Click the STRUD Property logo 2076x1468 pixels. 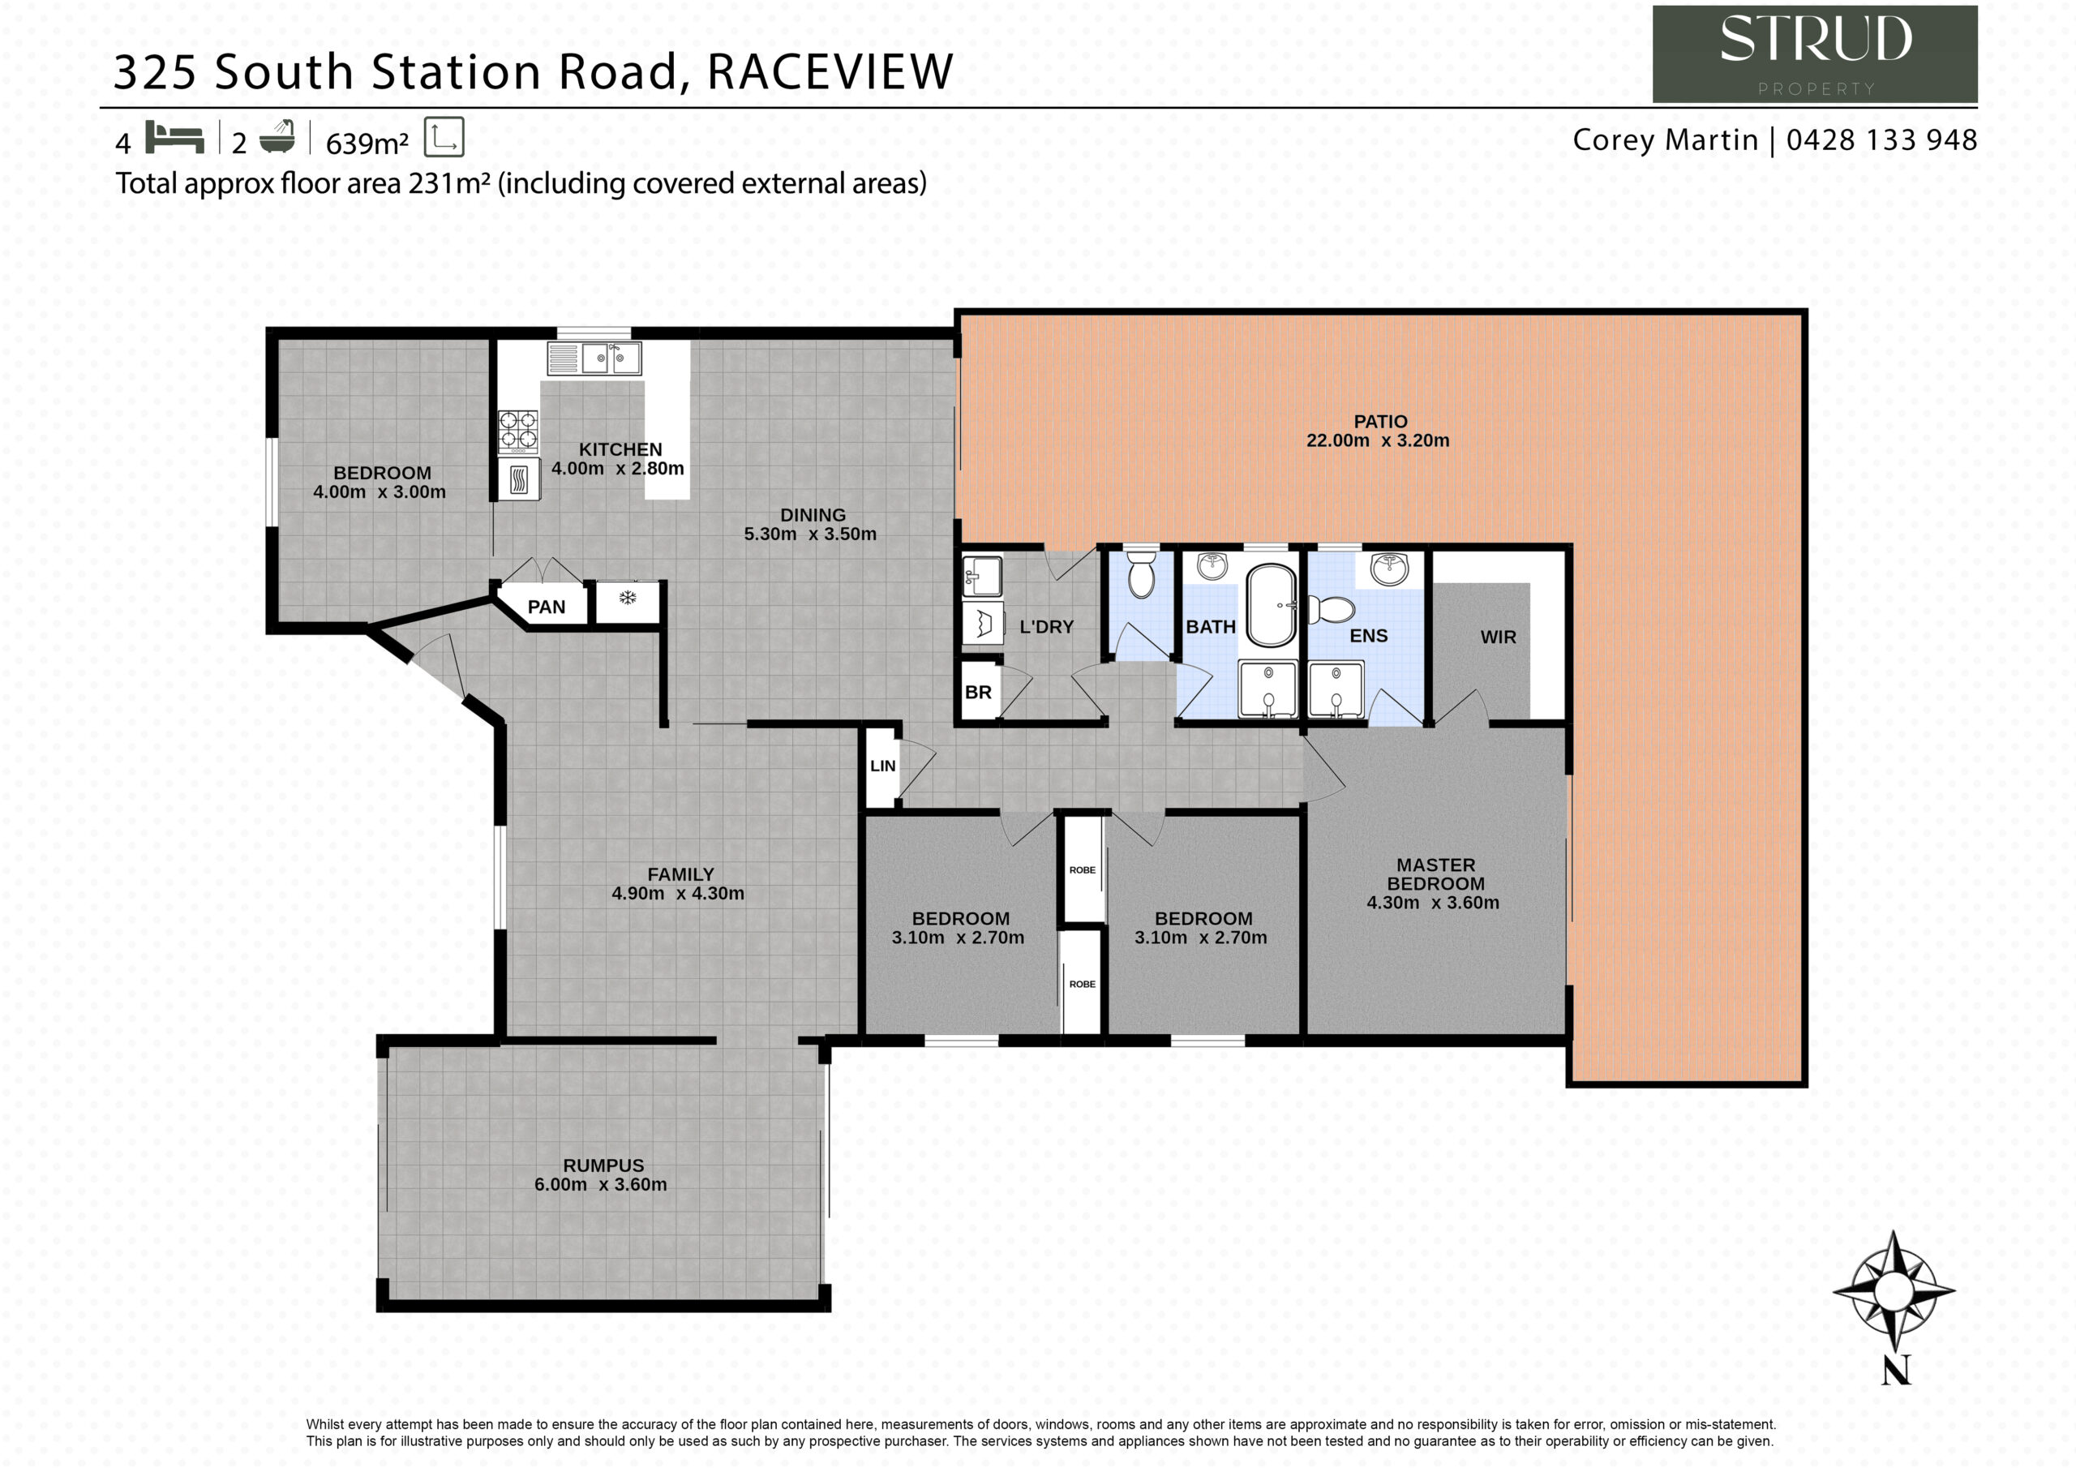[x=1815, y=54]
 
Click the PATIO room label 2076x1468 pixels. [x=1379, y=422]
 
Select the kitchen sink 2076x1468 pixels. [x=594, y=359]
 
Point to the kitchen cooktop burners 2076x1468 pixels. [x=518, y=431]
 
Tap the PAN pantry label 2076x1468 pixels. [x=546, y=607]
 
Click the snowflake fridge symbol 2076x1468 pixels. [x=628, y=598]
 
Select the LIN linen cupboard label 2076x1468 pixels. [x=882, y=766]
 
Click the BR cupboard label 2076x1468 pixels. [x=978, y=693]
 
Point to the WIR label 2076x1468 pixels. [x=1499, y=637]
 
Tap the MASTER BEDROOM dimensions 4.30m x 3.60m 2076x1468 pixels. [x=1432, y=903]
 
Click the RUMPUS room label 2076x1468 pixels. [x=603, y=1166]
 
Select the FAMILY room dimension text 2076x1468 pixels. [x=678, y=894]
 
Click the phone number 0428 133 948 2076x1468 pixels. [x=1881, y=140]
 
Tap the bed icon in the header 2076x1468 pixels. [x=174, y=138]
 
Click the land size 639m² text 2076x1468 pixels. [x=367, y=143]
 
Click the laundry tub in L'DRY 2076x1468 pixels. [x=982, y=576]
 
